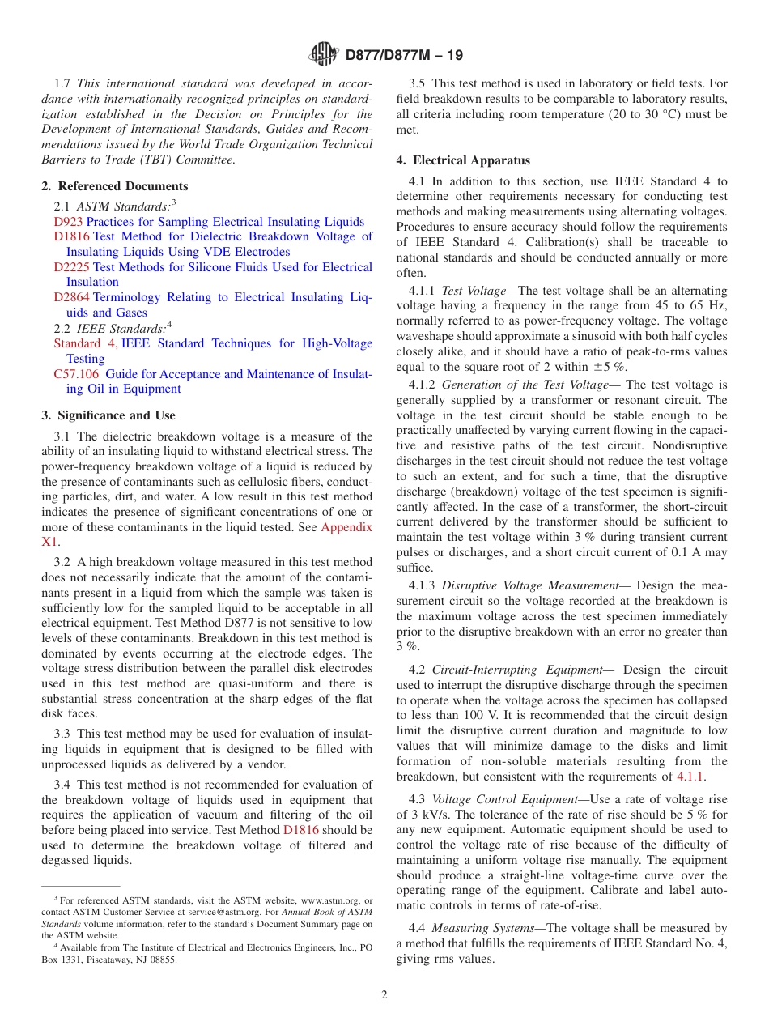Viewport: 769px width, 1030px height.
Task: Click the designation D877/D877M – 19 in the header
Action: (x=404, y=56)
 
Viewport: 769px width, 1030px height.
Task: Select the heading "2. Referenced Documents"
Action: (x=115, y=186)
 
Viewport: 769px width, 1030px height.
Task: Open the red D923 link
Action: (x=69, y=222)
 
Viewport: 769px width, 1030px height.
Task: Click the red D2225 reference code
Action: (x=72, y=267)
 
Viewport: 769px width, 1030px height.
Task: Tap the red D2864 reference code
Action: (x=72, y=298)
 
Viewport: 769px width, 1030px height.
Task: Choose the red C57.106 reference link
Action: (x=76, y=374)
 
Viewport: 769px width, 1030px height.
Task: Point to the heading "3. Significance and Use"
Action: (x=108, y=415)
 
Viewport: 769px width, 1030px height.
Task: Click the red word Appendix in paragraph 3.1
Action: (x=346, y=527)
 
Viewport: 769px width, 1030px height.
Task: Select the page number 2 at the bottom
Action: (x=384, y=995)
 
